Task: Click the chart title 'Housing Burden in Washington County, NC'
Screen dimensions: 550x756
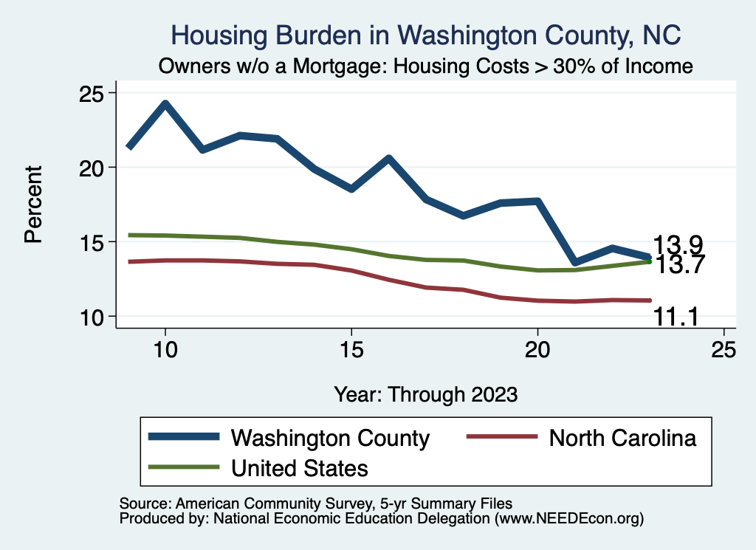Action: click(x=426, y=35)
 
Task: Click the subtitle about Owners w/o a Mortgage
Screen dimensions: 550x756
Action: click(x=426, y=66)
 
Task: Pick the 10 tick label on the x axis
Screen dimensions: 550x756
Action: click(x=165, y=350)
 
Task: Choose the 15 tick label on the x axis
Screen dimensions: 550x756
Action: click(x=351, y=350)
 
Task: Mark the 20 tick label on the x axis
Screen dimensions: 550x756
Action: click(x=537, y=350)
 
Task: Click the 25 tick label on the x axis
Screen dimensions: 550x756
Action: click(x=724, y=350)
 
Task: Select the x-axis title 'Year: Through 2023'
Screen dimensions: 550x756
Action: click(x=426, y=393)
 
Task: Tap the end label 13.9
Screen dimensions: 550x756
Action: click(x=677, y=245)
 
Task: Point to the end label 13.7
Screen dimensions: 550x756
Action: click(x=677, y=264)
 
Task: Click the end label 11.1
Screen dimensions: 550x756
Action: click(x=677, y=317)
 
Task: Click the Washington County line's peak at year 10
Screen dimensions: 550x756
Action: click(x=165, y=103)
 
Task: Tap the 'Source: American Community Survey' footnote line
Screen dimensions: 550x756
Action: click(x=315, y=503)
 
